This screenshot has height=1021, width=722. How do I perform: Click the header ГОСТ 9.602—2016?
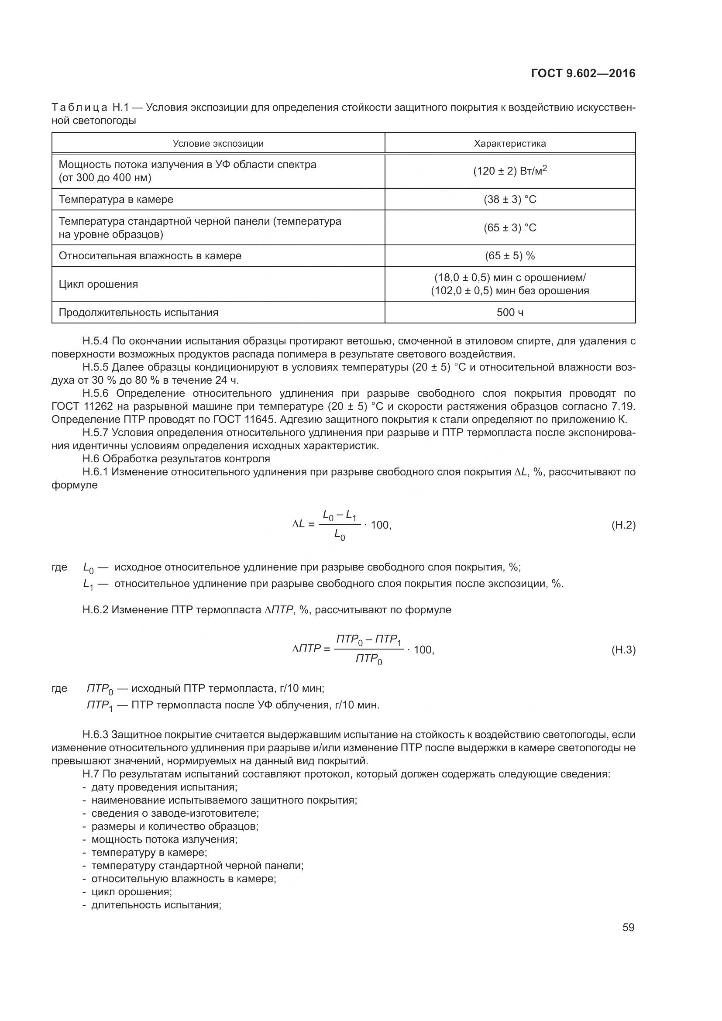(583, 74)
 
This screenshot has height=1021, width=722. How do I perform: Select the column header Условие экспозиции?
(218, 144)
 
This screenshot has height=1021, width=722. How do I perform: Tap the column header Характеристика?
(510, 144)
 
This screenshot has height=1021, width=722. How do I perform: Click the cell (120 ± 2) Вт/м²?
(510, 171)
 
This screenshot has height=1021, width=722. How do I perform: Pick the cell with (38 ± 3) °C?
(510, 199)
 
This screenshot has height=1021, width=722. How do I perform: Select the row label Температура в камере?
(116, 199)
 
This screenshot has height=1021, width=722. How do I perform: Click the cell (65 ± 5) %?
(510, 256)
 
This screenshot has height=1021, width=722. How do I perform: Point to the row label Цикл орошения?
(98, 284)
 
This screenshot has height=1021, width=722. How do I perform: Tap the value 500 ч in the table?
(510, 313)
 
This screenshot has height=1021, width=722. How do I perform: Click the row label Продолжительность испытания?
(138, 313)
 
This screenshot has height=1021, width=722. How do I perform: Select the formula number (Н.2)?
(623, 525)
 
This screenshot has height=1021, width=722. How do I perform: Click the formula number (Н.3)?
(623, 650)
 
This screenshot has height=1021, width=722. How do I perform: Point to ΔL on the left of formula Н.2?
(298, 525)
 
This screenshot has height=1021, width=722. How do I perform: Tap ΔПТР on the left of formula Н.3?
(306, 649)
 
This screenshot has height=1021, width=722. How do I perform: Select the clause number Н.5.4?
(95, 341)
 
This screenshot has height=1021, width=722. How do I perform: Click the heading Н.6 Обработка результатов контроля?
(176, 458)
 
